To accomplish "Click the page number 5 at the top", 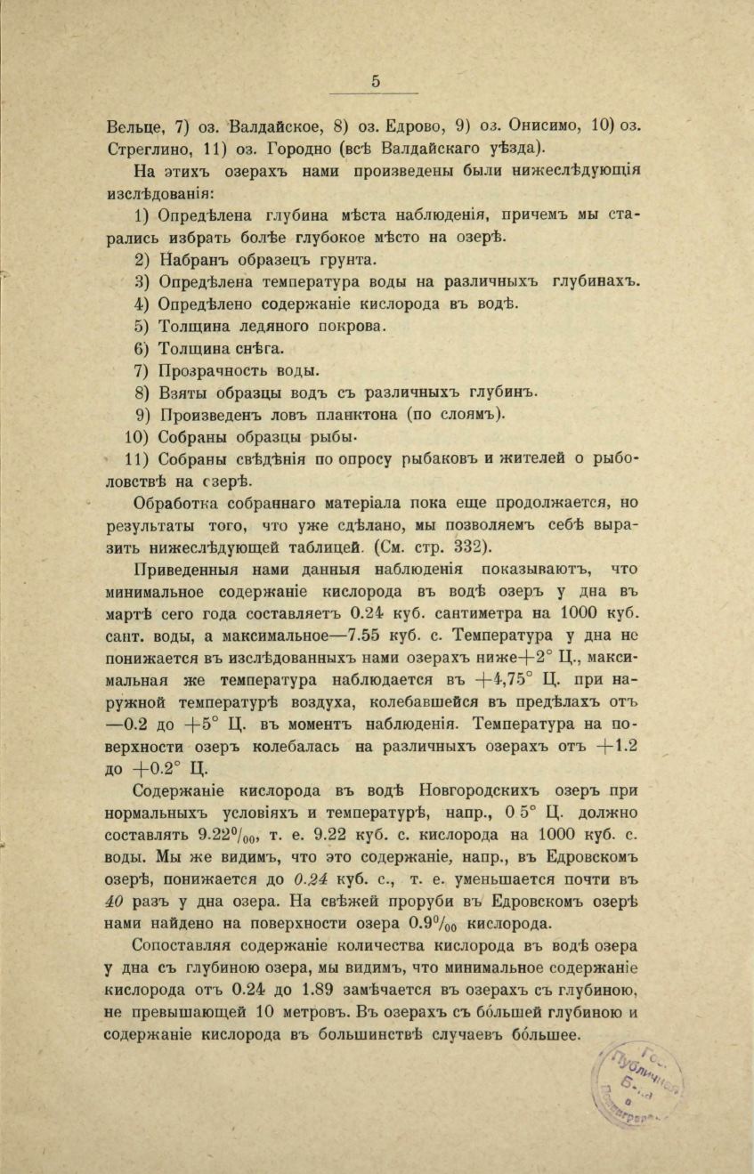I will [x=376, y=80].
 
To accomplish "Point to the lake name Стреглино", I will [x=144, y=147].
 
